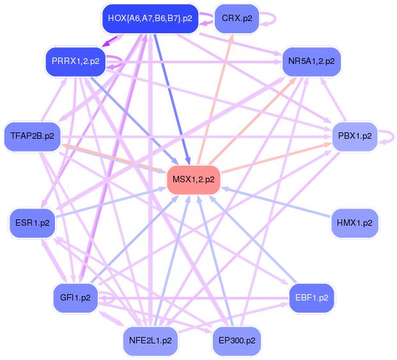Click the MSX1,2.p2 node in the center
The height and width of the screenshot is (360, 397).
pyautogui.click(x=194, y=179)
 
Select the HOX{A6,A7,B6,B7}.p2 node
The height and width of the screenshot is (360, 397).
pyautogui.click(x=150, y=18)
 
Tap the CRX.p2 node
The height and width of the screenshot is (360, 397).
pyautogui.click(x=237, y=18)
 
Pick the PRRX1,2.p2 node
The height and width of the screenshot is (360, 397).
pyautogui.click(x=75, y=61)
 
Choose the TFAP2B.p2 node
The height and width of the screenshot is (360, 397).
pyautogui.click(x=32, y=136)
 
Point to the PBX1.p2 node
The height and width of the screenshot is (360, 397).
pyautogui.click(x=354, y=136)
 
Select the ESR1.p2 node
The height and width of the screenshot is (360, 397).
pyautogui.click(x=32, y=223)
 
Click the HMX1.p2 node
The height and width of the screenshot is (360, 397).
pyautogui.click(x=354, y=223)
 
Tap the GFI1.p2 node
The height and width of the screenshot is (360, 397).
pyautogui.click(x=75, y=297)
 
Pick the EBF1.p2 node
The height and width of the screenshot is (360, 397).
pyautogui.click(x=311, y=297)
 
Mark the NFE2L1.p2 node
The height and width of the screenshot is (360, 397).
pyautogui.click(x=150, y=340)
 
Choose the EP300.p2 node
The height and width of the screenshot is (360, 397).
pyautogui.click(x=237, y=340)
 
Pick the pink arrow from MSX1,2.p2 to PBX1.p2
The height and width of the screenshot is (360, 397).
pyautogui.click(x=275, y=157)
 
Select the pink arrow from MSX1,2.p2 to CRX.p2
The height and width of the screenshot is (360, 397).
pyautogui.click(x=216, y=96)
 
